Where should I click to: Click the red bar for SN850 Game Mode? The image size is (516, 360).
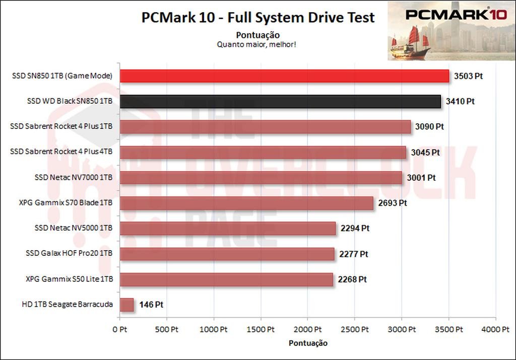(x=284, y=76)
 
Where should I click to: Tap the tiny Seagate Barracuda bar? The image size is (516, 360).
(x=126, y=305)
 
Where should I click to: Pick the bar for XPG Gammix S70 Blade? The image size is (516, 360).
(x=246, y=203)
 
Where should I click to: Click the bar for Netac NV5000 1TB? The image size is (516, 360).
(x=228, y=229)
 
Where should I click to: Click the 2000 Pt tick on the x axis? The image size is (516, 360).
(x=307, y=330)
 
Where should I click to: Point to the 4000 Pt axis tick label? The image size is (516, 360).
(x=495, y=330)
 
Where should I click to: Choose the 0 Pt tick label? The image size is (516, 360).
(x=119, y=330)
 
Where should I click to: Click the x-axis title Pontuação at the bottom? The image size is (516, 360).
(x=308, y=343)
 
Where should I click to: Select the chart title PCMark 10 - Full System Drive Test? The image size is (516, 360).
(x=258, y=18)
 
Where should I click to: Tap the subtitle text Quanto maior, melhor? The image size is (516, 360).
(x=256, y=44)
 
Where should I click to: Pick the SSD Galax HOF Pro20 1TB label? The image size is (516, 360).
(x=69, y=254)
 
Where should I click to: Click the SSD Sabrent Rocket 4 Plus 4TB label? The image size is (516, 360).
(x=61, y=152)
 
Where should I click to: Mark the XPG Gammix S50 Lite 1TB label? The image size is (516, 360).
(x=69, y=279)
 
